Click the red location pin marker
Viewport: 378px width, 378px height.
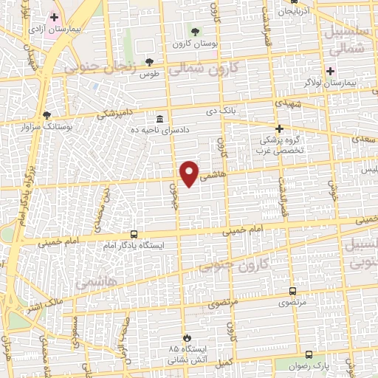(x=190, y=173)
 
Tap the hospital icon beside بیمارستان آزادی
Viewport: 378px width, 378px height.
(x=54, y=16)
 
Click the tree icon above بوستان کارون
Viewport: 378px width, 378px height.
(x=195, y=32)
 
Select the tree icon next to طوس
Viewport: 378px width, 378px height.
(x=150, y=62)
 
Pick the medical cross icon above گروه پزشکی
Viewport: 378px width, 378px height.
(x=280, y=128)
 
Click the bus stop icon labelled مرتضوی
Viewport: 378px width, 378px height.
(x=293, y=292)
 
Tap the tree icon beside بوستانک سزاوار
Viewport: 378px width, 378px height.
(x=47, y=116)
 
